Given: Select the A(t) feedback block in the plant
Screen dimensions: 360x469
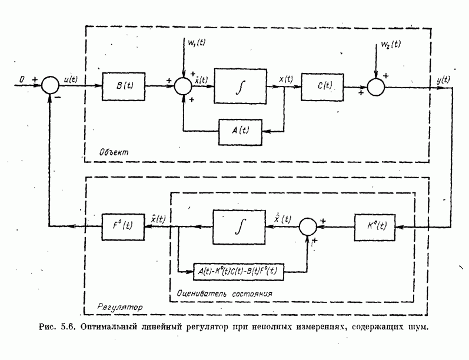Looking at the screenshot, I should [x=242, y=131].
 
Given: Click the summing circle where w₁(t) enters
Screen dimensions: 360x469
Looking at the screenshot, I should [x=182, y=85].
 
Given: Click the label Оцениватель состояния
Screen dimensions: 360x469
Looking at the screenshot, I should [x=227, y=291].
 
